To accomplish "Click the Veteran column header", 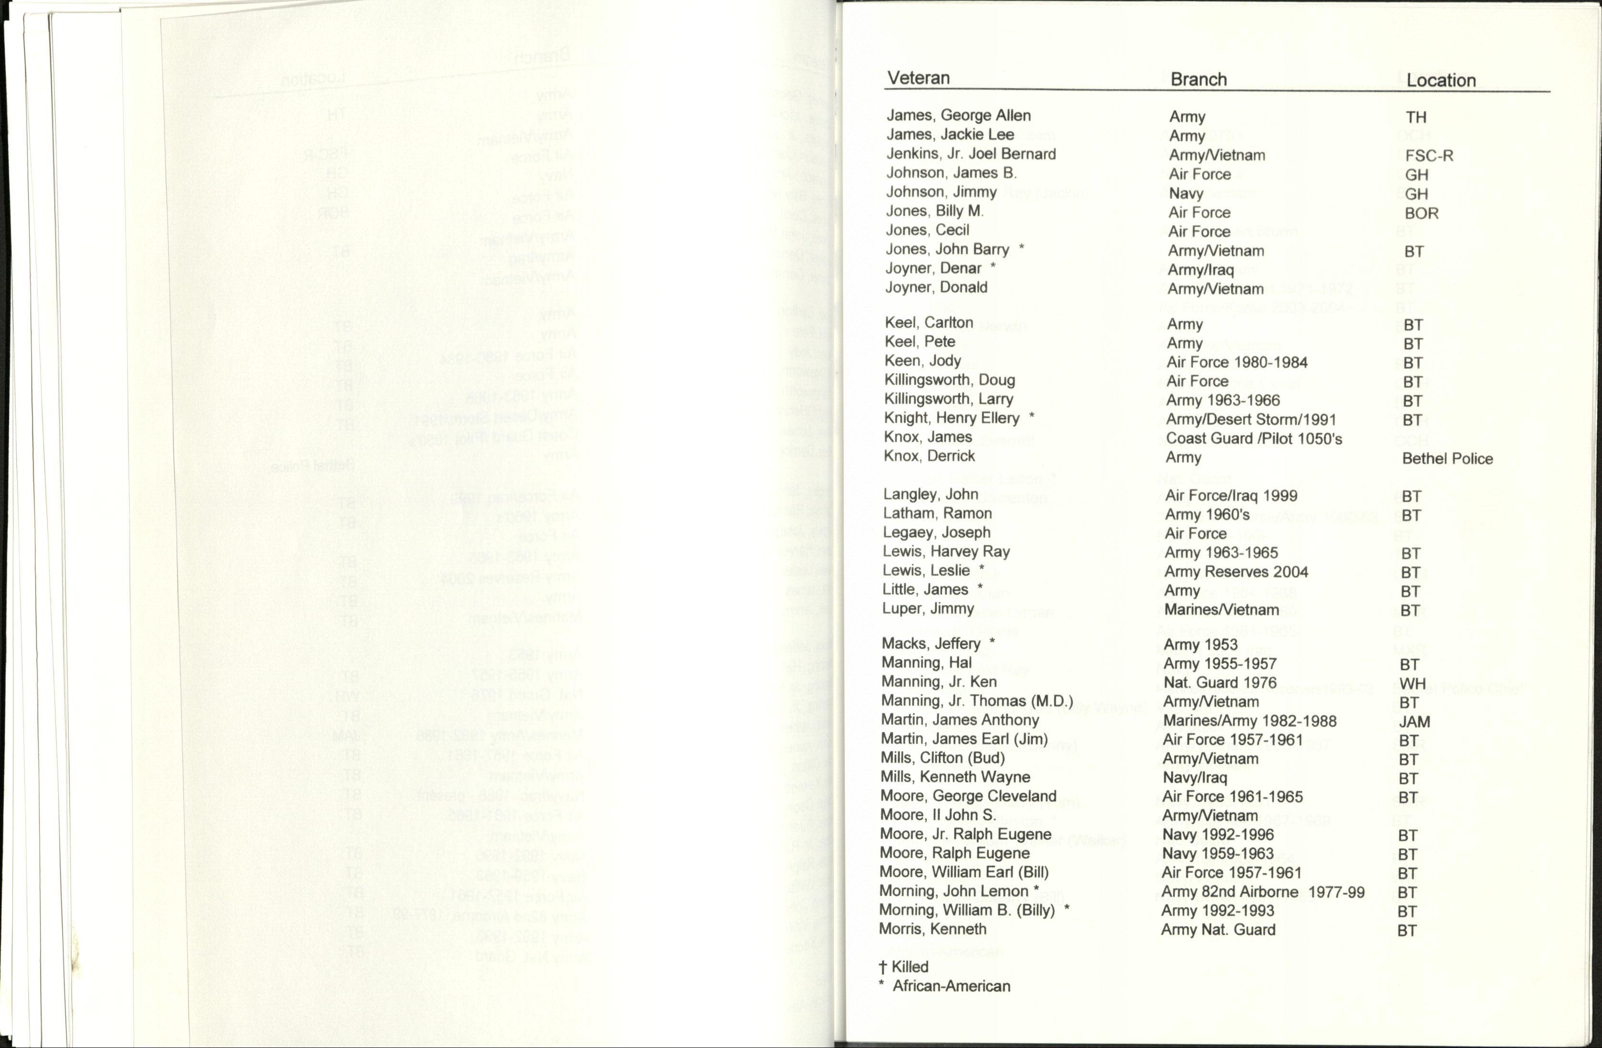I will (918, 78).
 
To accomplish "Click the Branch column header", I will (1198, 79).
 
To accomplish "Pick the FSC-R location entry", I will (1429, 156).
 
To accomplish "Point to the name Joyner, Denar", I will (933, 268).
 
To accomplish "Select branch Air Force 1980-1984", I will (1236, 363).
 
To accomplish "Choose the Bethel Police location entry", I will (1447, 459).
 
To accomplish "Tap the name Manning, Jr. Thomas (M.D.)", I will (977, 701).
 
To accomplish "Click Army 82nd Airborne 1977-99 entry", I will (1263, 892).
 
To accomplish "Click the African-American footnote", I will (950, 987).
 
